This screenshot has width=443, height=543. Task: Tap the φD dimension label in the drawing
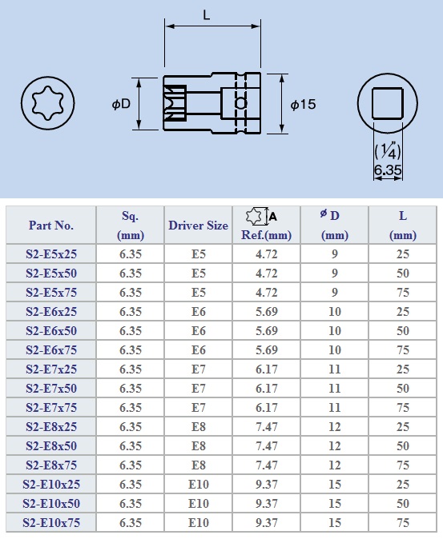pyautogui.click(x=121, y=103)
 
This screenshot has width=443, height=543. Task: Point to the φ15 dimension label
pyautogui.click(x=304, y=105)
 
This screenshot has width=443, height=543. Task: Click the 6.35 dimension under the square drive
pyautogui.click(x=388, y=169)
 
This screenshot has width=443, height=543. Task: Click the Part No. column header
pyautogui.click(x=51, y=226)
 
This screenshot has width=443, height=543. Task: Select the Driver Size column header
pyautogui.click(x=198, y=226)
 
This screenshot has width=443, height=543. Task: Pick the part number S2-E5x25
pyautogui.click(x=51, y=254)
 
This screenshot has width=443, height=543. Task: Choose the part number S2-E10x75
pyautogui.click(x=51, y=522)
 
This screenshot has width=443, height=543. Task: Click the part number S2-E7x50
pyautogui.click(x=51, y=388)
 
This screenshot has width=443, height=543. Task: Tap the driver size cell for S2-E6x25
pyautogui.click(x=199, y=311)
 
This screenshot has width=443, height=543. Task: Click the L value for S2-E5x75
pyautogui.click(x=402, y=292)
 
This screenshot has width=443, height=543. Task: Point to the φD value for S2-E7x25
pyautogui.click(x=334, y=369)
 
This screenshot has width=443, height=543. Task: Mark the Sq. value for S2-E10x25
pyautogui.click(x=131, y=484)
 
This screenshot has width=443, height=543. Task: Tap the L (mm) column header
pyautogui.click(x=402, y=226)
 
